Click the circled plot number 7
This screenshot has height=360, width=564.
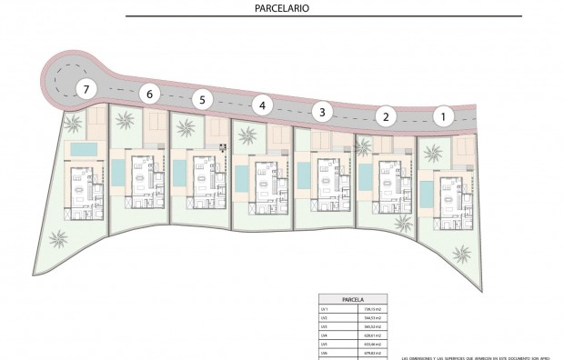pos(86,89)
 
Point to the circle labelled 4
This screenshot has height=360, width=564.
pos(263,105)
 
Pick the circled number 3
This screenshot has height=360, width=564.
pos(321,112)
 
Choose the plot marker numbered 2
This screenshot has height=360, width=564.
pos(386,115)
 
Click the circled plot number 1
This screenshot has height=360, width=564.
pos(444,115)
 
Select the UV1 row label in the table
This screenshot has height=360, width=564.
pos(323,308)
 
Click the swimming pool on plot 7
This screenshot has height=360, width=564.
pos(84,148)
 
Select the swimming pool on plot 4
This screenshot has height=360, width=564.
pos(240,176)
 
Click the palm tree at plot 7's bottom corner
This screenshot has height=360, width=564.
pos(58,240)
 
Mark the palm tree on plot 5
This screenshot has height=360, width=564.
pos(186,128)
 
